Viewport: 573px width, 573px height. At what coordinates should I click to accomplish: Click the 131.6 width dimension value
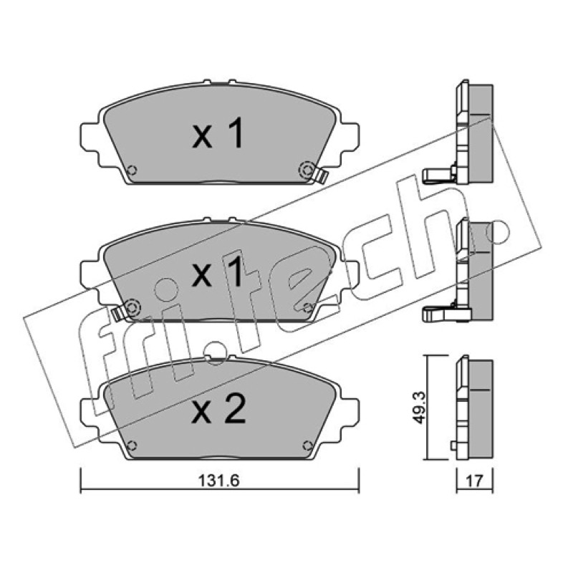point(219,481)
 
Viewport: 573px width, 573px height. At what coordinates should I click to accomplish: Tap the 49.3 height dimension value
point(419,408)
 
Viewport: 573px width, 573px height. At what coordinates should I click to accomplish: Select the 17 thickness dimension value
point(474,481)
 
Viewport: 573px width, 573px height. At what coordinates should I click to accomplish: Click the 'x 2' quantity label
point(218,410)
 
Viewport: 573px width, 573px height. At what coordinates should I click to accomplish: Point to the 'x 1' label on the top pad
point(218,134)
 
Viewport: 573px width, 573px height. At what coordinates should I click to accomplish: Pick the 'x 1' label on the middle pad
point(218,271)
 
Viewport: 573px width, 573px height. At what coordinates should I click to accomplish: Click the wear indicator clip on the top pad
point(322,175)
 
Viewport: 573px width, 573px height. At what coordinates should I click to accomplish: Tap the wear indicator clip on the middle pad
point(117,314)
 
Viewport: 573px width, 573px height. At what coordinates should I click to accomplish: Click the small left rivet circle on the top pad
point(133,170)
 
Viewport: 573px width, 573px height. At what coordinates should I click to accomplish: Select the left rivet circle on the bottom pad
point(133,446)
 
